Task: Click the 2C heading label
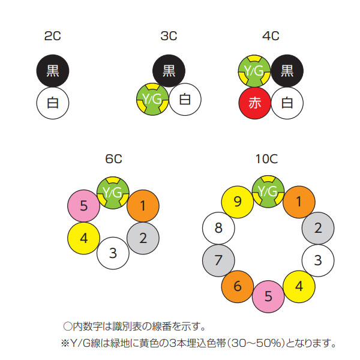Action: pyautogui.click(x=53, y=37)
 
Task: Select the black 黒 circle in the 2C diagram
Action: pyautogui.click(x=53, y=71)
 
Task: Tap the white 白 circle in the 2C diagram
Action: pyautogui.click(x=53, y=104)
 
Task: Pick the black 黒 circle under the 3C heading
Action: pyautogui.click(x=169, y=71)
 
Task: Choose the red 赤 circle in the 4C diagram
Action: pyautogui.click(x=255, y=103)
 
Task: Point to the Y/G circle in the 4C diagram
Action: pyautogui.click(x=254, y=71)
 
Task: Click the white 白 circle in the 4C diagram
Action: pyautogui.click(x=287, y=103)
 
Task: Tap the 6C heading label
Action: pyautogui.click(x=113, y=158)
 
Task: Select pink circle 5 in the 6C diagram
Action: pyautogui.click(x=84, y=206)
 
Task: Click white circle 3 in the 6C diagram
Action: pyautogui.click(x=113, y=253)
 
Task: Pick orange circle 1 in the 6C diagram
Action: pyautogui.click(x=143, y=206)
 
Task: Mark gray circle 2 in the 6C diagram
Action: pyautogui.click(x=143, y=238)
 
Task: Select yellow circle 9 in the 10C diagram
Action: pyautogui.click(x=238, y=202)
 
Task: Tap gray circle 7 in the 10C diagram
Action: pyautogui.click(x=218, y=260)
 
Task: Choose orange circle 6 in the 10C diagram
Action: pyautogui.click(x=238, y=286)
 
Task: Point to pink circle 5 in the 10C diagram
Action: pyautogui.click(x=268, y=296)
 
